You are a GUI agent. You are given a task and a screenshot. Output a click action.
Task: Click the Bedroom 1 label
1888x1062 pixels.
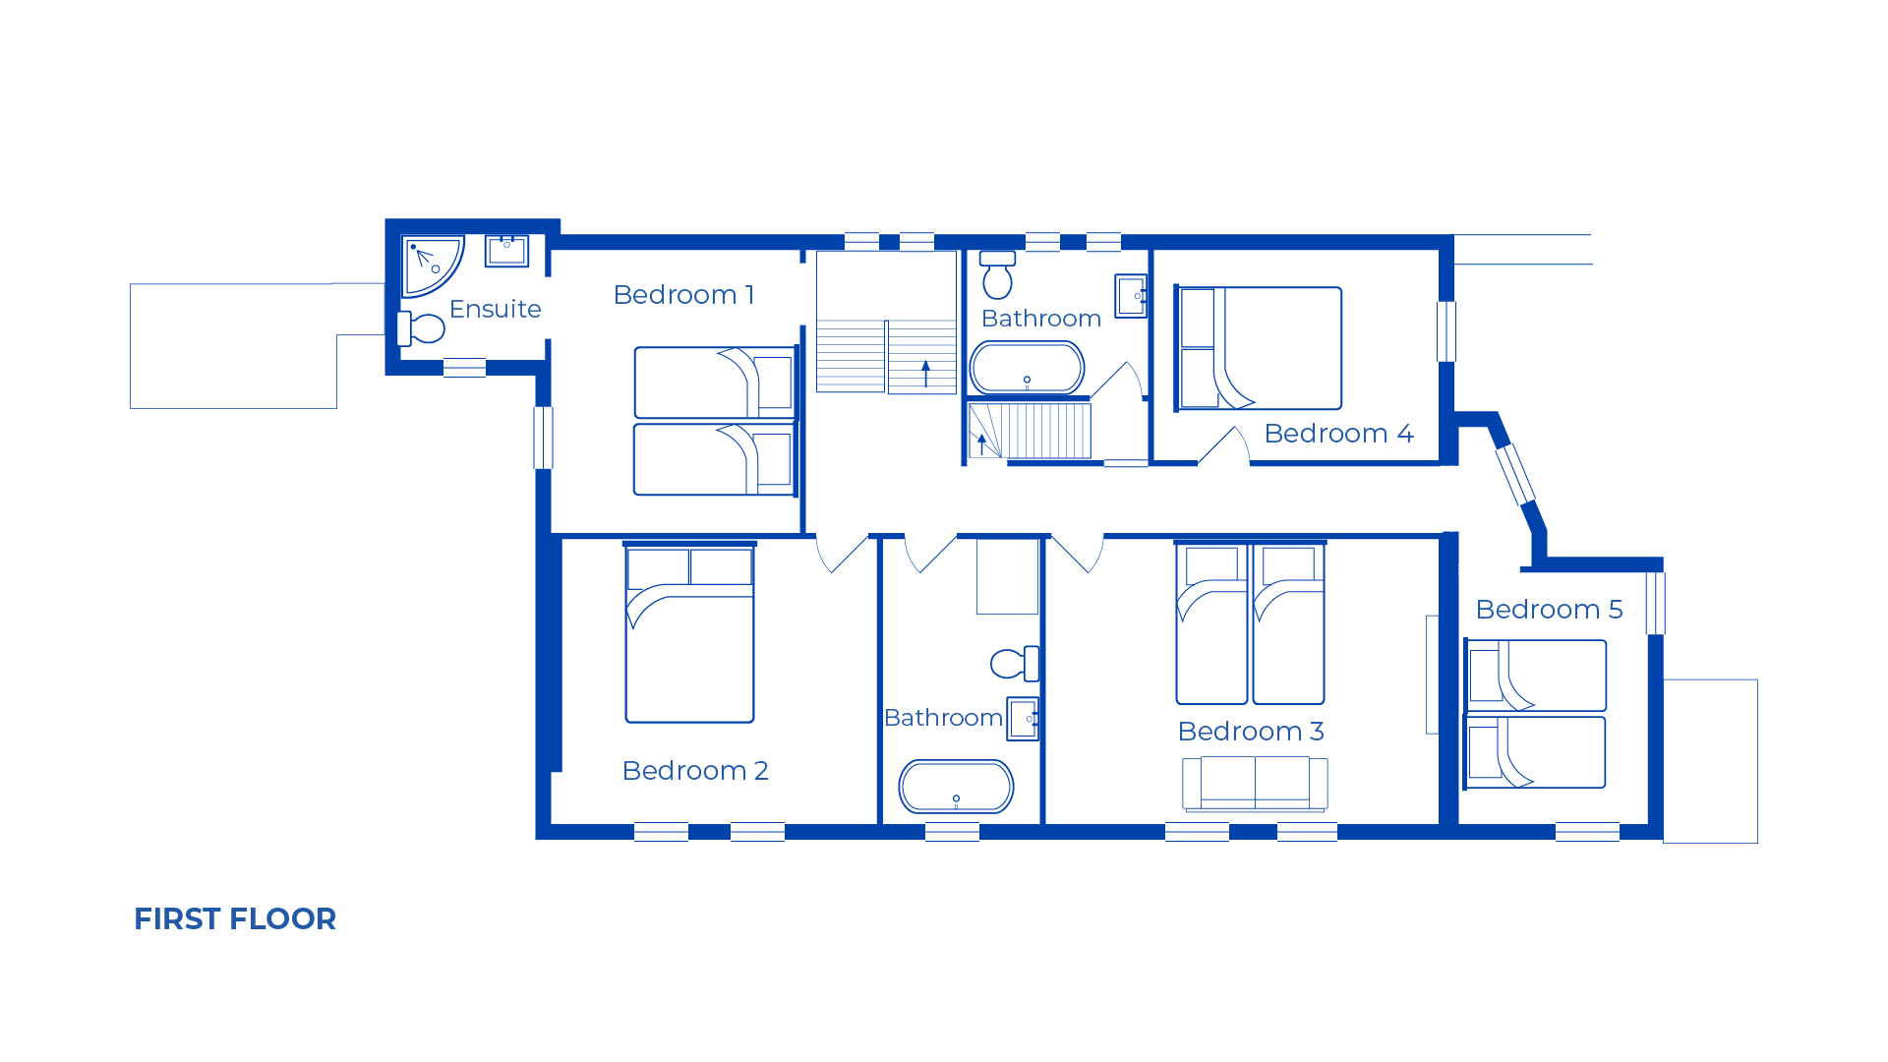(x=683, y=295)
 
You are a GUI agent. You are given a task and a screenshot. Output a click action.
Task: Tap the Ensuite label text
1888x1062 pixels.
(x=495, y=309)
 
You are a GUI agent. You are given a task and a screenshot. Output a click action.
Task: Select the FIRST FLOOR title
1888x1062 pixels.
(x=235, y=918)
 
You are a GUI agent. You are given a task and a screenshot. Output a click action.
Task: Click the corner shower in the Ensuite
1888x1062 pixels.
(x=429, y=263)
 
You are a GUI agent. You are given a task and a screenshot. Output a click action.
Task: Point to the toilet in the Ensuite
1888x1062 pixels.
(x=421, y=328)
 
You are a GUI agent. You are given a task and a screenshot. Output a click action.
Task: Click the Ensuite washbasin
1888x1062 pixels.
(x=506, y=251)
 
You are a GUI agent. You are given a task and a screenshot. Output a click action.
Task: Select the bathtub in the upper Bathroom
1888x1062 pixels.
(x=1027, y=368)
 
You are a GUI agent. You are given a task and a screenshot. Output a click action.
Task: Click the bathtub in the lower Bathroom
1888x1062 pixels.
(x=956, y=787)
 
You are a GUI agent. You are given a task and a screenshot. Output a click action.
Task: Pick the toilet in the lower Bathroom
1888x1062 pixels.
(x=1015, y=664)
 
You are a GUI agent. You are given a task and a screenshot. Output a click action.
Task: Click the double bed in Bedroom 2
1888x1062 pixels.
(x=690, y=632)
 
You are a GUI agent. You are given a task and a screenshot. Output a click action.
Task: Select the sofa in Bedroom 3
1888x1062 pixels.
(x=1255, y=784)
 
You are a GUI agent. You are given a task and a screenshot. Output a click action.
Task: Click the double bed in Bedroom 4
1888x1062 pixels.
(x=1259, y=348)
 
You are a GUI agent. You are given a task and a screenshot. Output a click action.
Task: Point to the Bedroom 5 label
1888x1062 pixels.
(x=1549, y=610)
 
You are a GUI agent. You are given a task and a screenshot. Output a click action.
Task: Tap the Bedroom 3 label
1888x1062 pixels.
(x=1251, y=732)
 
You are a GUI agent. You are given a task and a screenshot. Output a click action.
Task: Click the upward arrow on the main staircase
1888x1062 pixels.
(x=925, y=374)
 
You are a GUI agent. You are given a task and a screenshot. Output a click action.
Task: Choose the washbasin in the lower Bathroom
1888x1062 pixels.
(x=1023, y=719)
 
